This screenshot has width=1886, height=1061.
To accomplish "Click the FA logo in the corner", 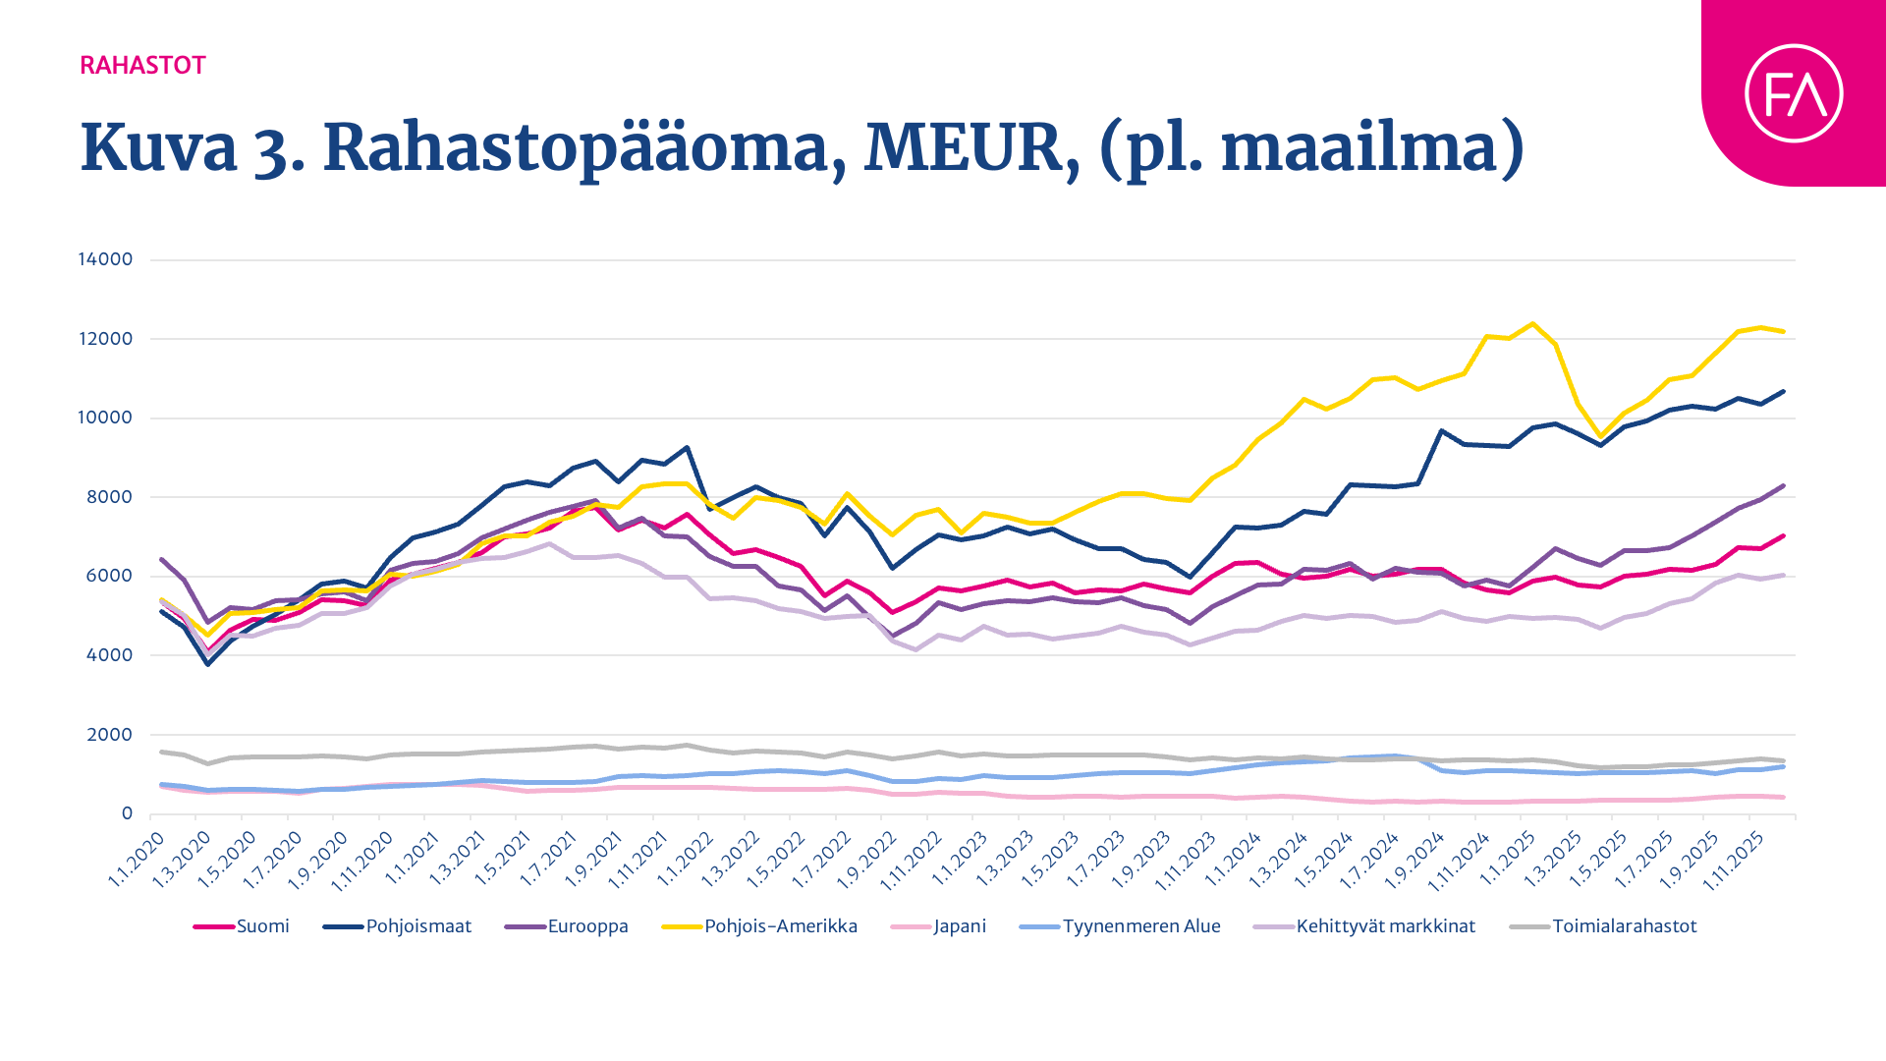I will click(1793, 93).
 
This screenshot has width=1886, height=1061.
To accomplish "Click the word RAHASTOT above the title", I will click(142, 66).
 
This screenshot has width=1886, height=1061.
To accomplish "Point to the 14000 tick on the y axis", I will click(105, 259).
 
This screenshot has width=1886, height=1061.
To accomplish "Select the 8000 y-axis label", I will click(108, 497).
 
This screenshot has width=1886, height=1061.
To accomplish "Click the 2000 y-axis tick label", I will click(108, 735).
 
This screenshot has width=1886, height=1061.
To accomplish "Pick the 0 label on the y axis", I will click(127, 813).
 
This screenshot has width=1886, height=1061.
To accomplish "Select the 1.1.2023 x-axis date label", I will click(960, 859).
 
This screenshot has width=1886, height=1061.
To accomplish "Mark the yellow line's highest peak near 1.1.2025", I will click(1531, 323).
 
